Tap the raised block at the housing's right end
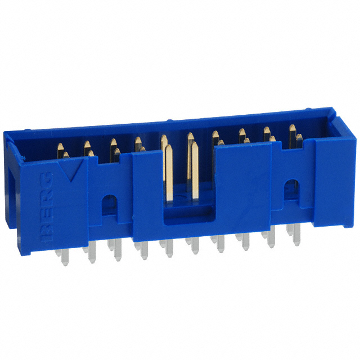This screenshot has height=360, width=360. pos(332,186)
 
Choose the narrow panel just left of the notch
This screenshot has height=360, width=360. pos(147,197)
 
